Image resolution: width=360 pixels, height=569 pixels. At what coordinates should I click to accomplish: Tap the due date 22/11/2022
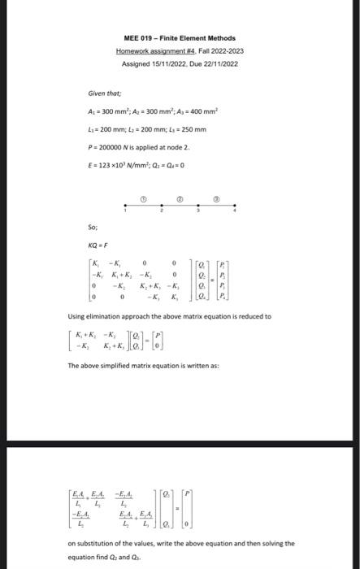coord(219,63)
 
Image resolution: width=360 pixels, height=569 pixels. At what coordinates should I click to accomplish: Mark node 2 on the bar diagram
coord(162,206)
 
